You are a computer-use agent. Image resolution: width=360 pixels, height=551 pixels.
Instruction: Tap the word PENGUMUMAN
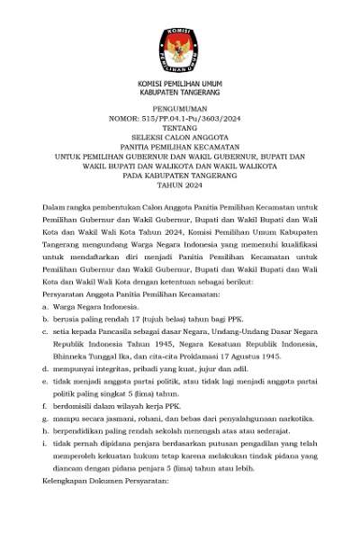click(180, 106)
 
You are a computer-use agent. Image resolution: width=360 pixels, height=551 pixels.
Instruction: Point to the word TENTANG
click(180, 127)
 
